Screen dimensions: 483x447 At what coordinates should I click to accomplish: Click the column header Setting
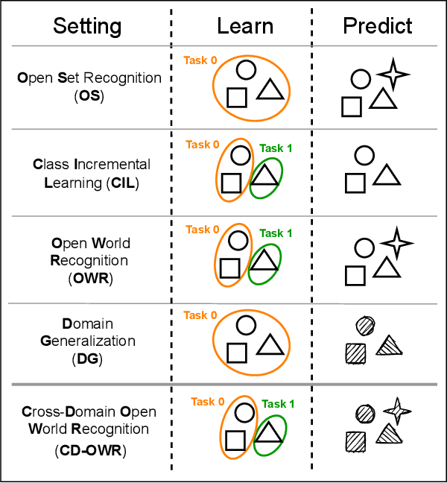click(87, 26)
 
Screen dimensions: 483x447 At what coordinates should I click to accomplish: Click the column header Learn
click(245, 26)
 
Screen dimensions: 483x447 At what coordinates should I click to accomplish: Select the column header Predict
click(378, 26)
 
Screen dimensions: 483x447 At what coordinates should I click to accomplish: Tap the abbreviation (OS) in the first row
click(89, 94)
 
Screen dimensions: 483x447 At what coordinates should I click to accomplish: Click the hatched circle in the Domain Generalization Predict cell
click(365, 325)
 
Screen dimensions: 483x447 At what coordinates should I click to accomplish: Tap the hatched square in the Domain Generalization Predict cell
click(355, 353)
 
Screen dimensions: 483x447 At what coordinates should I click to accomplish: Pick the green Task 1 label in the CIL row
click(276, 148)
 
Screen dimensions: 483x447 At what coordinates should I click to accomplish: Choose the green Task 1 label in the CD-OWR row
click(278, 404)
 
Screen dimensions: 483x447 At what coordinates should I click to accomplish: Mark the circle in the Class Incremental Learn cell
click(240, 154)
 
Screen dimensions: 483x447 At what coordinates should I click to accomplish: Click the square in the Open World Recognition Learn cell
click(231, 268)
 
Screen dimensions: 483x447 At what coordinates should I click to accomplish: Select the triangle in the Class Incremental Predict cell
click(386, 176)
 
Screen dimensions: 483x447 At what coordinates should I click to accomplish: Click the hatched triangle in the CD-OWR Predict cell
click(387, 433)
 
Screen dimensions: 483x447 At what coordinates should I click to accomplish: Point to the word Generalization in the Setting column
click(88, 341)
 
